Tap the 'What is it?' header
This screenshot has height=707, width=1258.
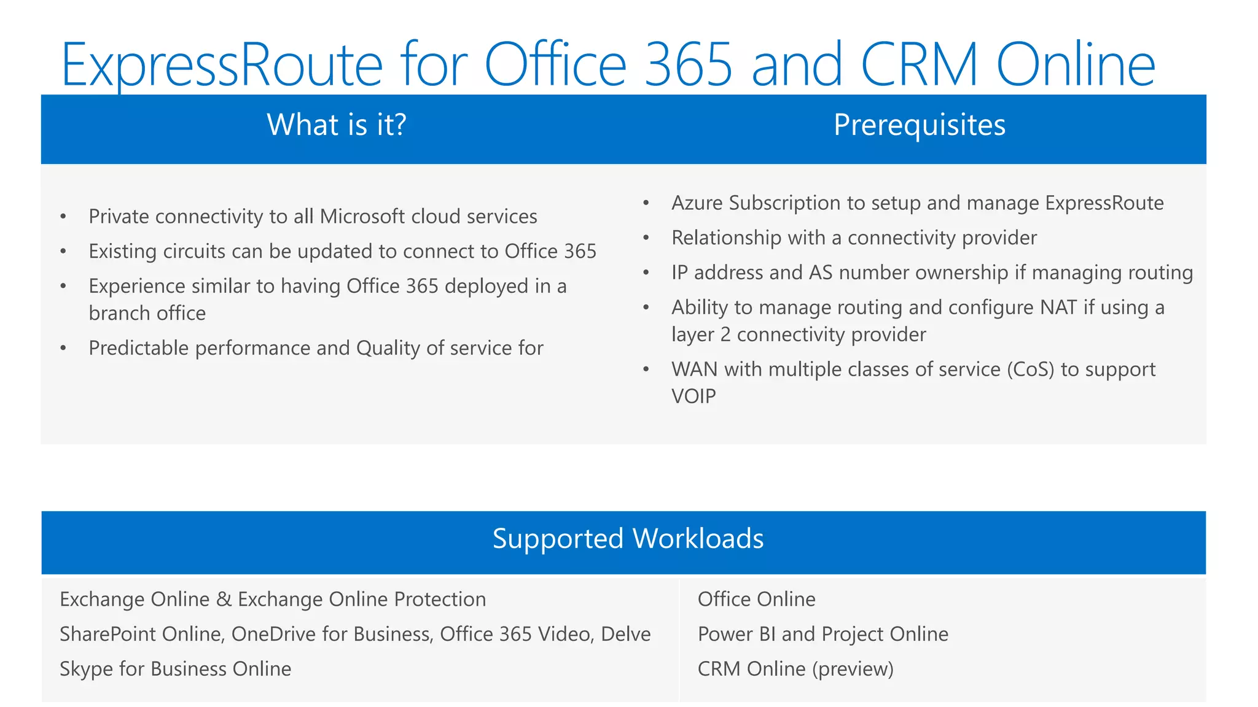coord(337,125)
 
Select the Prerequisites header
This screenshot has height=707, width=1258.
coord(919,125)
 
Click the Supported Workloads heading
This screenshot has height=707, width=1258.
coord(628,539)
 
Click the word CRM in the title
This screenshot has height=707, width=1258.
coord(919,64)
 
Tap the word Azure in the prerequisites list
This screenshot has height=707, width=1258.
coord(697,203)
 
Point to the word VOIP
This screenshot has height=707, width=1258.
coord(693,396)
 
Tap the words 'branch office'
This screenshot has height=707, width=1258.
coord(147,314)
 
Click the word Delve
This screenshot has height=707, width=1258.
coord(625,634)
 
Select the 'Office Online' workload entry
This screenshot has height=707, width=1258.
coord(756,600)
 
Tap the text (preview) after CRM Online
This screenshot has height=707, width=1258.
coord(853,669)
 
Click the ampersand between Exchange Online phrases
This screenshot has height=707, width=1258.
coord(224,600)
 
